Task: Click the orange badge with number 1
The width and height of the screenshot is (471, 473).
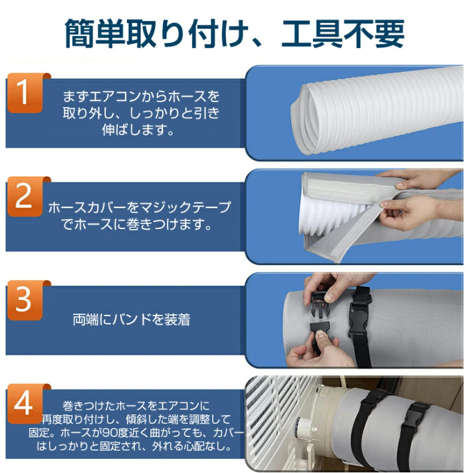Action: click(x=24, y=93)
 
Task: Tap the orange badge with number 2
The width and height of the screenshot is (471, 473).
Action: click(x=24, y=197)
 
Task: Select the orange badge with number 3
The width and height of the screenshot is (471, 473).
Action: click(x=24, y=301)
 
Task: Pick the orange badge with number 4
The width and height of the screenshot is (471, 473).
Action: click(x=24, y=404)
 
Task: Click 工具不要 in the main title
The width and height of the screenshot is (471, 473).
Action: click(x=343, y=34)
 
